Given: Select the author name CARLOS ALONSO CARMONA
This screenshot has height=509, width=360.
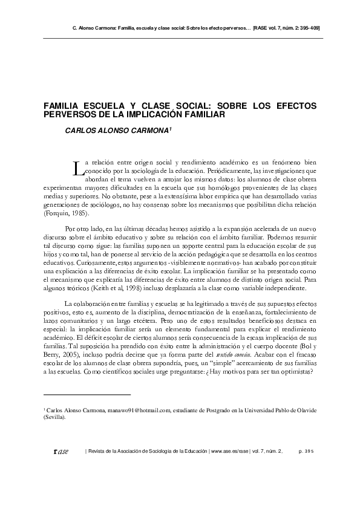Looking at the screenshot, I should [118, 129].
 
